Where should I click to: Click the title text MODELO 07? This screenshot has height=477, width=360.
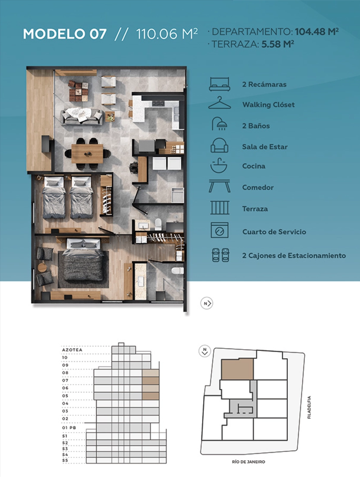(65, 34)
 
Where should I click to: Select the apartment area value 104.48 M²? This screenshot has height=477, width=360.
(317, 32)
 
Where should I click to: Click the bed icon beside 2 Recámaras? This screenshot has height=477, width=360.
(219, 84)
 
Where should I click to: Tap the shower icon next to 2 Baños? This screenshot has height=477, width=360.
(219, 124)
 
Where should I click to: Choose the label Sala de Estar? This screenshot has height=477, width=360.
(265, 147)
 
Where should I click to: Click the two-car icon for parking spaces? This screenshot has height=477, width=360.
(220, 255)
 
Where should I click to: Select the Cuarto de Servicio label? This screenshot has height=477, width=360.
(274, 232)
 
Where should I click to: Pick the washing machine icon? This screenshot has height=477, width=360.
(219, 230)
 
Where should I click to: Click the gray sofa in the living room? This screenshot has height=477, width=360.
(82, 117)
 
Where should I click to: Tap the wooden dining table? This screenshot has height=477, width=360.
(87, 154)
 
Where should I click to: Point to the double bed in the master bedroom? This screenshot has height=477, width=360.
(83, 262)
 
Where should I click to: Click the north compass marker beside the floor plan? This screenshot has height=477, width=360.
(207, 303)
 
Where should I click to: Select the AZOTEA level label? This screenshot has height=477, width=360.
(72, 350)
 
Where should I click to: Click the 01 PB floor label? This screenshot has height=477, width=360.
(69, 428)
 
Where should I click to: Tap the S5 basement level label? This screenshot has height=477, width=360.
(65, 460)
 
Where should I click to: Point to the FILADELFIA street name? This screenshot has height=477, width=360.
(309, 408)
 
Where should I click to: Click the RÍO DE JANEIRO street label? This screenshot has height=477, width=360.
(248, 462)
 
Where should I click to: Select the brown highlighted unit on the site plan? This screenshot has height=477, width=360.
(237, 369)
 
